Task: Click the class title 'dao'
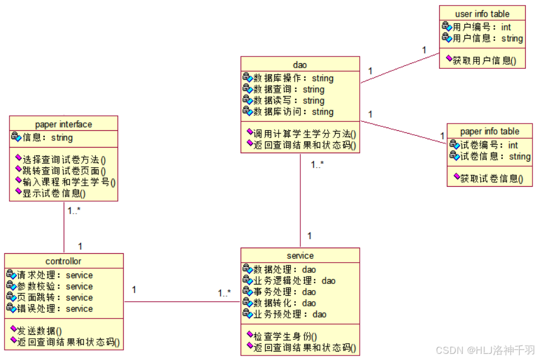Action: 300,65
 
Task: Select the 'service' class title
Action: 300,255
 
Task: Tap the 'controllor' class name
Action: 63,261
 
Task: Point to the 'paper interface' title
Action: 63,124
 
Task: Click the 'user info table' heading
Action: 482,14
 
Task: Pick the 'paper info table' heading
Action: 489,131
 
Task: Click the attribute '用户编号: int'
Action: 482,27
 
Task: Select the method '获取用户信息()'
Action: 484,60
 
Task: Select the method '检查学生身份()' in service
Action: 285,336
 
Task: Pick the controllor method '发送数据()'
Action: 39,330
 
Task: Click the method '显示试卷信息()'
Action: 54,193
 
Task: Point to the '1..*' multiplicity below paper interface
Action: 74,211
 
